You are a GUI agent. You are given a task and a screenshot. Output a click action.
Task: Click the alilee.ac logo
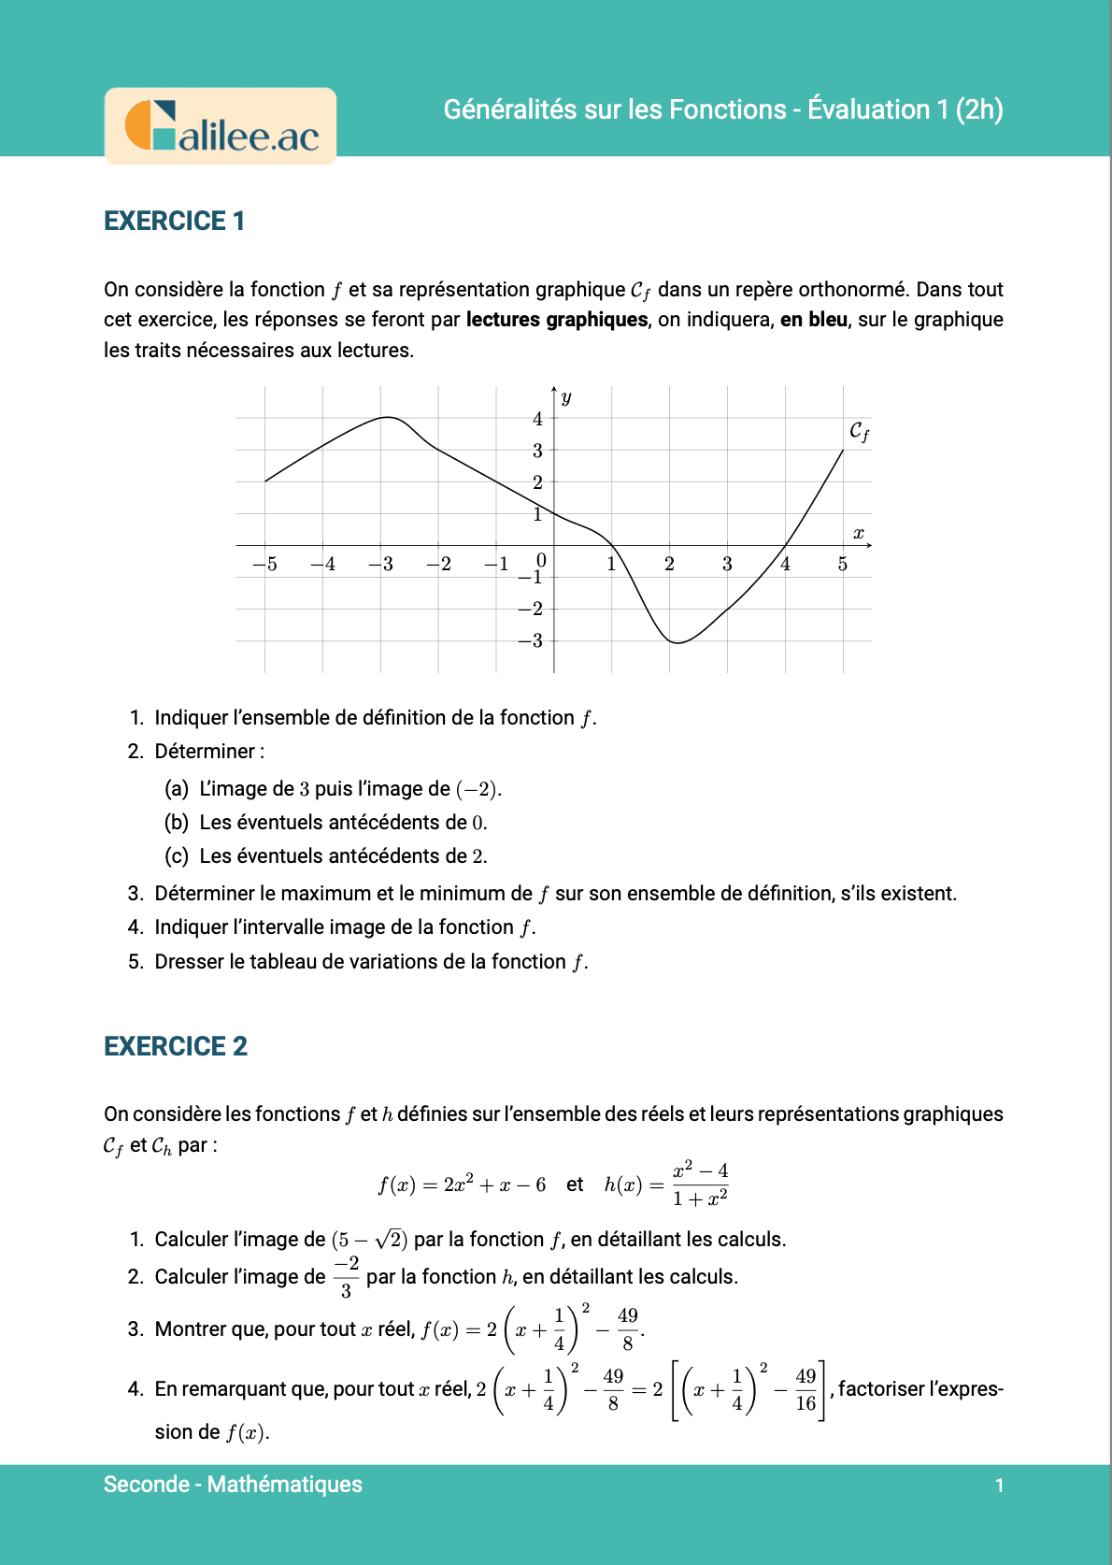pyautogui.click(x=221, y=127)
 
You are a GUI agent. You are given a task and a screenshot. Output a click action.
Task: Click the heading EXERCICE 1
pyautogui.click(x=174, y=221)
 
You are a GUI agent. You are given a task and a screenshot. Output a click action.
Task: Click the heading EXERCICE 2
pyautogui.click(x=176, y=1046)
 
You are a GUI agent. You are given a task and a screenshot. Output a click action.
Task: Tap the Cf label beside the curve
pyautogui.click(x=859, y=431)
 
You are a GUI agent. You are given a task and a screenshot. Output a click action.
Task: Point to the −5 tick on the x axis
pyautogui.click(x=265, y=564)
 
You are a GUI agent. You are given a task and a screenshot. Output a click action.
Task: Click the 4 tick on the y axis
pyautogui.click(x=537, y=419)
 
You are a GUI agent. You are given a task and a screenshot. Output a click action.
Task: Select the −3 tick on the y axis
pyautogui.click(x=532, y=640)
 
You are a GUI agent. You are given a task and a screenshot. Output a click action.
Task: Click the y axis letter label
pyautogui.click(x=566, y=397)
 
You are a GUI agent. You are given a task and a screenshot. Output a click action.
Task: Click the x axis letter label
pyautogui.click(x=858, y=534)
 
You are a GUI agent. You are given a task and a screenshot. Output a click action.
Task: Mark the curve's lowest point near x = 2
pyautogui.click(x=677, y=642)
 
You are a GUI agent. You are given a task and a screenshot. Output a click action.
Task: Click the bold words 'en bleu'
pyautogui.click(x=814, y=320)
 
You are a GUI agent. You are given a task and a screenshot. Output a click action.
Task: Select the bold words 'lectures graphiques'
pyautogui.click(x=556, y=320)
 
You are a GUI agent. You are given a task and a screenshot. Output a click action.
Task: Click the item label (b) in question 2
pyautogui.click(x=177, y=823)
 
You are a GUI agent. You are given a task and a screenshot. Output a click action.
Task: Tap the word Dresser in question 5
pyautogui.click(x=189, y=962)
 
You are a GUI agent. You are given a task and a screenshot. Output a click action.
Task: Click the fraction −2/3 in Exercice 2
pyautogui.click(x=347, y=1277)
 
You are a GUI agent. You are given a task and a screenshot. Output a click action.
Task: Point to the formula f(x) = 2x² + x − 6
pyautogui.click(x=462, y=1185)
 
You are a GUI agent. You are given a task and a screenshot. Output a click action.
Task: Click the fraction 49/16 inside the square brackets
pyautogui.click(x=805, y=1390)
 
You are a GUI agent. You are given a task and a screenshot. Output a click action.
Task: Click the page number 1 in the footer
pyautogui.click(x=999, y=1486)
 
